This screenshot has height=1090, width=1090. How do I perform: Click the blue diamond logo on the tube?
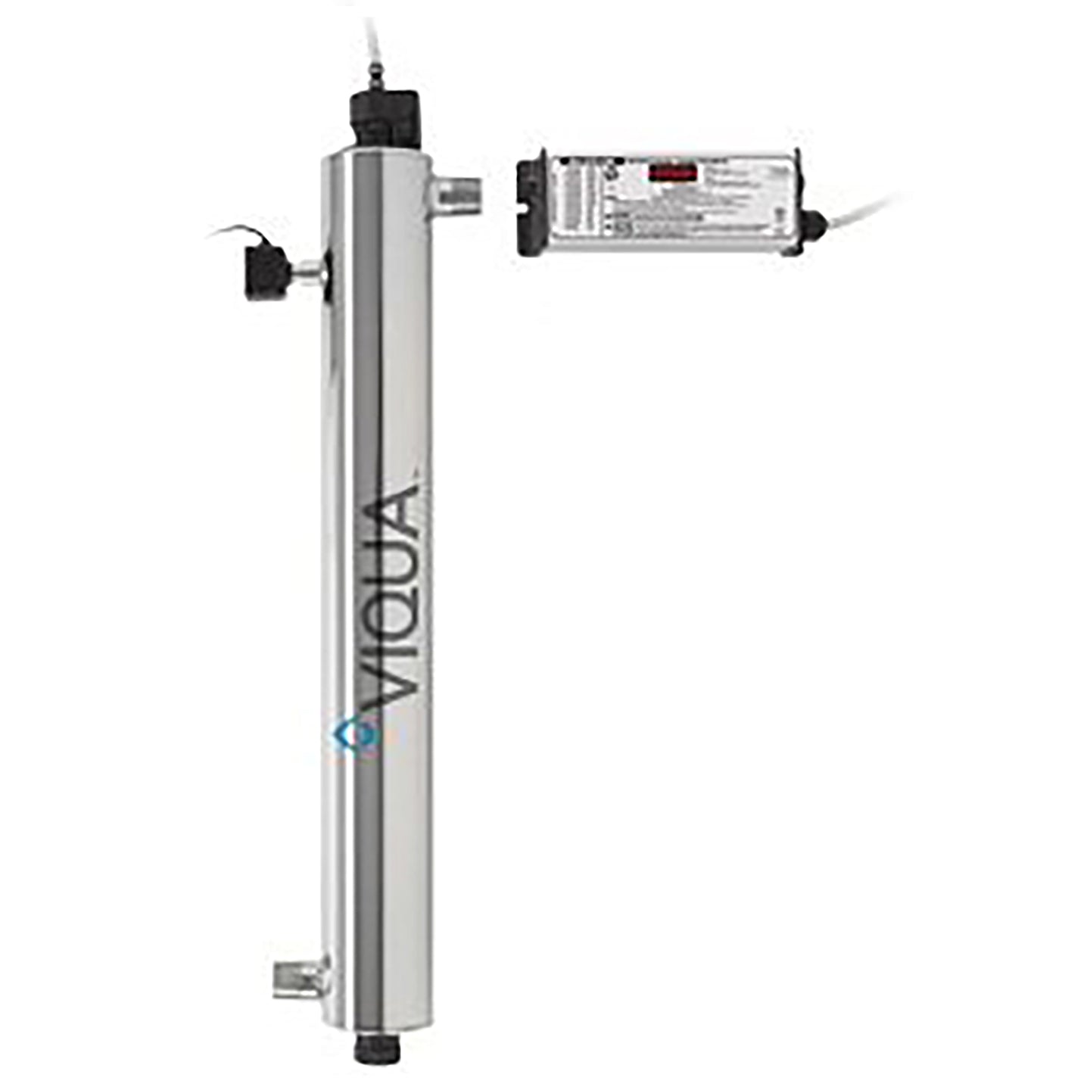(x=346, y=735)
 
